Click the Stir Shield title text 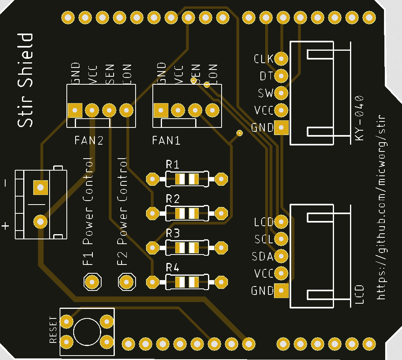coord(25,80)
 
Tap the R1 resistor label coord(173,165)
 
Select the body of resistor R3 coord(186,248)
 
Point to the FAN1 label coord(166,141)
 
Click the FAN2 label coord(89,141)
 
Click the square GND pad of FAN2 coord(75,110)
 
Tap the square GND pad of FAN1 coord(161,110)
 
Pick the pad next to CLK coord(282,59)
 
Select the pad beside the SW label coord(282,93)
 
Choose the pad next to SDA coord(282,256)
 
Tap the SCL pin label coord(264,239)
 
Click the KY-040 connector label coord(360,117)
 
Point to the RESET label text coord(53,330)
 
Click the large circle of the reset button coord(87,332)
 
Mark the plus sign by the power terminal coord(5,226)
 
